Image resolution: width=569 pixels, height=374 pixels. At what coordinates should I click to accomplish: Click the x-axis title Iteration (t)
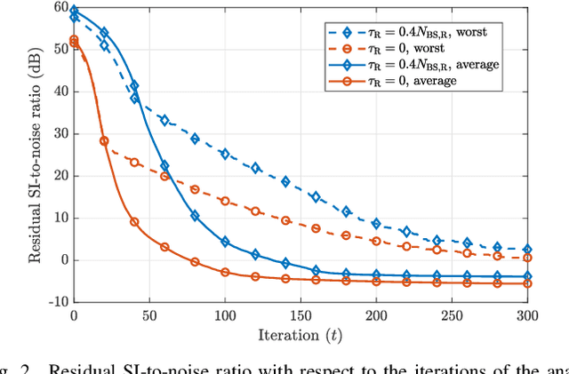pyautogui.click(x=301, y=336)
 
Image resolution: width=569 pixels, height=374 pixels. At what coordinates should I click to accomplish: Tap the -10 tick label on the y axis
pyautogui.click(x=56, y=302)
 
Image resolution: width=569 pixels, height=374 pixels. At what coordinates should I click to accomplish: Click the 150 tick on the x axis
pyautogui.click(x=301, y=315)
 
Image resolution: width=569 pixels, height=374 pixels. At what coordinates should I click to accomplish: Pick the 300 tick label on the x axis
pyautogui.click(x=527, y=315)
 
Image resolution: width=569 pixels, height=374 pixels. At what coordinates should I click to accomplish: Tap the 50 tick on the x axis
pyautogui.click(x=149, y=315)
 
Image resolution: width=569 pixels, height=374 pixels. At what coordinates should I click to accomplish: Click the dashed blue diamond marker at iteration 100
pyautogui.click(x=225, y=154)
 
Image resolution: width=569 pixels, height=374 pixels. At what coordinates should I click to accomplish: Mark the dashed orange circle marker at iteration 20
pyautogui.click(x=104, y=140)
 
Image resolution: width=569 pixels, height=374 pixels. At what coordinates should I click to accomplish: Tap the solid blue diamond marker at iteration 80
pyautogui.click(x=195, y=216)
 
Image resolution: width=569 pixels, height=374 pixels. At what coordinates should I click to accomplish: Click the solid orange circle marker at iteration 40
pyautogui.click(x=134, y=221)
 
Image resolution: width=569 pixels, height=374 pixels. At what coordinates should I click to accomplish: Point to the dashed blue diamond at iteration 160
pyautogui.click(x=316, y=197)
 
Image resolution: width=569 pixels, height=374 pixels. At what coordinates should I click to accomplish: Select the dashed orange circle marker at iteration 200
pyautogui.click(x=376, y=241)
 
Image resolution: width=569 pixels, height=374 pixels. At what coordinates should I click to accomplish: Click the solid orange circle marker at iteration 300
pyautogui.click(x=527, y=283)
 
